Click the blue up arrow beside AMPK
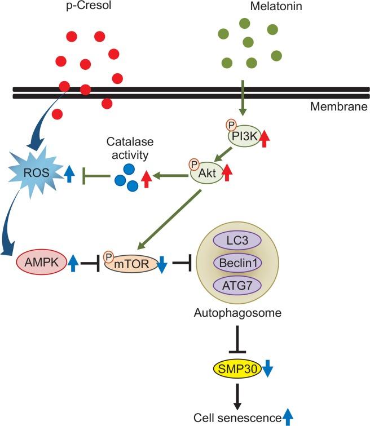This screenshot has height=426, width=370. point(73,263)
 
